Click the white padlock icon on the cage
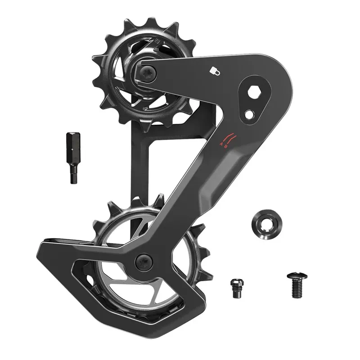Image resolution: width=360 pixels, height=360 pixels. [x=214, y=70]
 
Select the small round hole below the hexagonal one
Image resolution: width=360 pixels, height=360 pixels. [x=248, y=114]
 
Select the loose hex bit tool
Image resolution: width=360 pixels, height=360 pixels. [x=72, y=157]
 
